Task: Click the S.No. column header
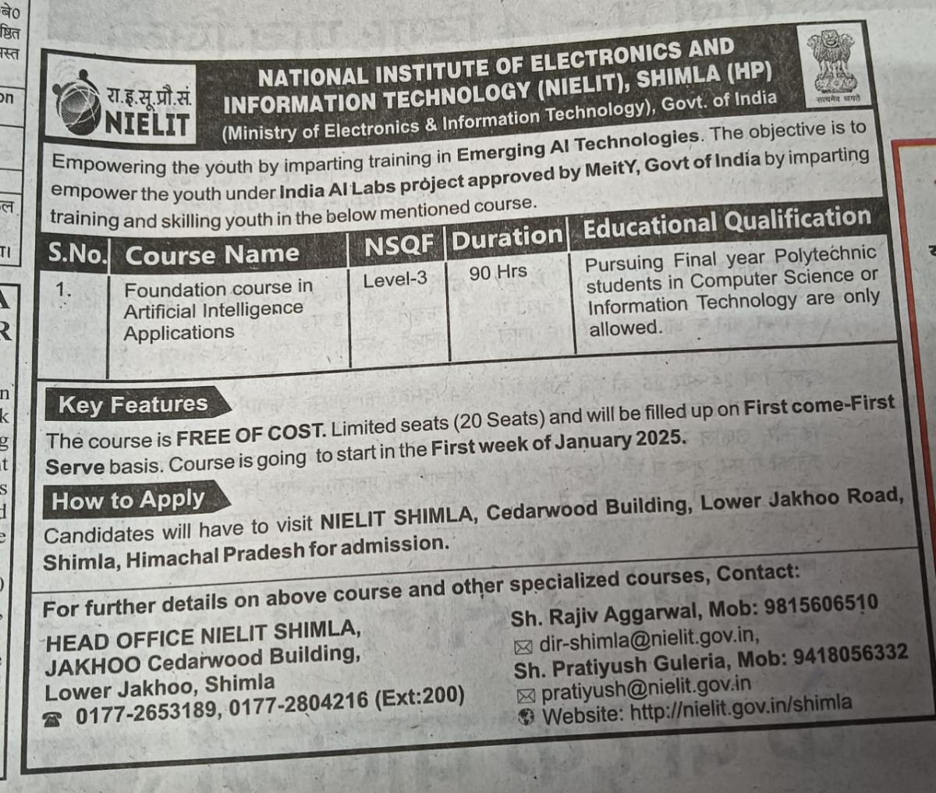click(x=77, y=253)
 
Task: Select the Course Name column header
click(x=211, y=254)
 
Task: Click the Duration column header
click(x=507, y=237)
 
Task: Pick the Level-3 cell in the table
click(x=395, y=278)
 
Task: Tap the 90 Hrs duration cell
click(x=498, y=272)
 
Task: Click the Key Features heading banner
click(x=133, y=405)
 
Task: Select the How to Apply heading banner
click(x=129, y=500)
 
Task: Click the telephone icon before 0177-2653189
click(x=53, y=719)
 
